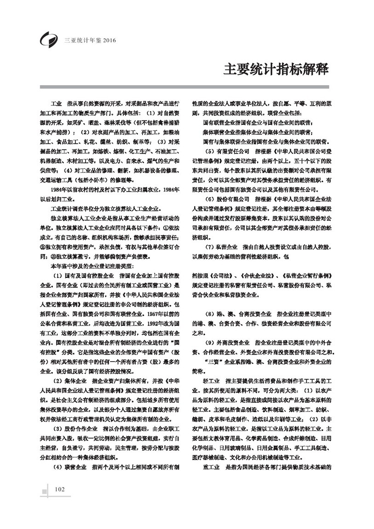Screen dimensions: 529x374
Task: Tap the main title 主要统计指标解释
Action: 276,69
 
